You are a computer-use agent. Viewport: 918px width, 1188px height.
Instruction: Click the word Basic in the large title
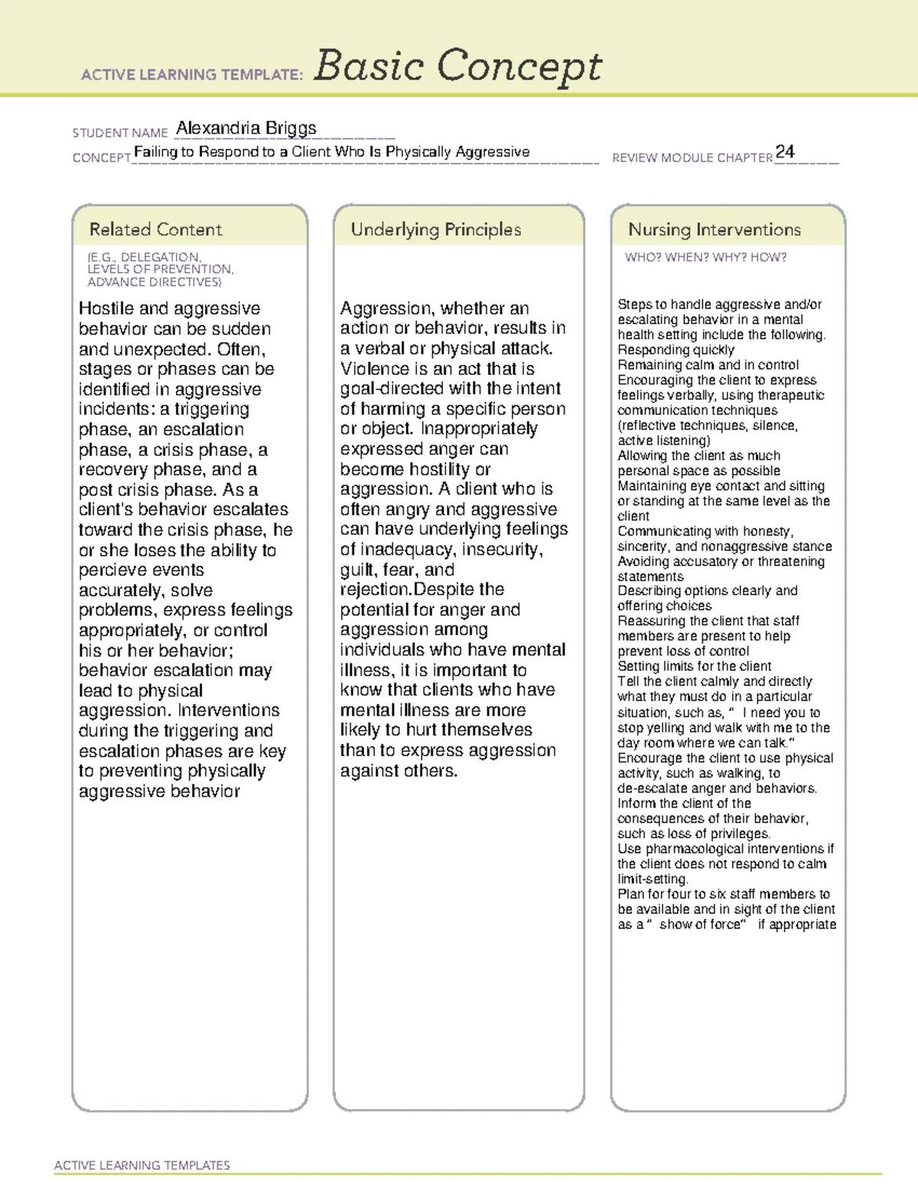[x=368, y=66]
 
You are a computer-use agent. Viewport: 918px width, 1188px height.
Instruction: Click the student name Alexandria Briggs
[x=246, y=129]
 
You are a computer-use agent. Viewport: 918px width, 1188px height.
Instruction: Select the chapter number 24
[x=785, y=151]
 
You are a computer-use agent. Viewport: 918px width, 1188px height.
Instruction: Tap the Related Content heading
[x=155, y=229]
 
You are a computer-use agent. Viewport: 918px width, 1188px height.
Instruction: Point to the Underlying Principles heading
[x=435, y=229]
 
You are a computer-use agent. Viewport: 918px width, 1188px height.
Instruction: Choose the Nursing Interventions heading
[x=714, y=229]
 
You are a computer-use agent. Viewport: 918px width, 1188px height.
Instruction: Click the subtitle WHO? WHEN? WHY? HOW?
[x=705, y=258]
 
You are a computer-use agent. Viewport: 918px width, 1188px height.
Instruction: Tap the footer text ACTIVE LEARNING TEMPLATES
[x=142, y=1165]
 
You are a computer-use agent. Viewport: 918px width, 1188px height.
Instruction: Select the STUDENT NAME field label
[x=120, y=133]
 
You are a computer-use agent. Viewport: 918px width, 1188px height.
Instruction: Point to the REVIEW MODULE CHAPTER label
[x=692, y=158]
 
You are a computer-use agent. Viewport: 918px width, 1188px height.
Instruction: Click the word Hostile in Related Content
[x=106, y=309]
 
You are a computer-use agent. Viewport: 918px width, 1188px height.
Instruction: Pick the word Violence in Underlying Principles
[x=374, y=369]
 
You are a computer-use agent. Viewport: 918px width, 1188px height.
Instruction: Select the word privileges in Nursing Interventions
[x=741, y=834]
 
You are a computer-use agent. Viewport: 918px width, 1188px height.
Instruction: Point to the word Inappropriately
[x=480, y=429]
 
